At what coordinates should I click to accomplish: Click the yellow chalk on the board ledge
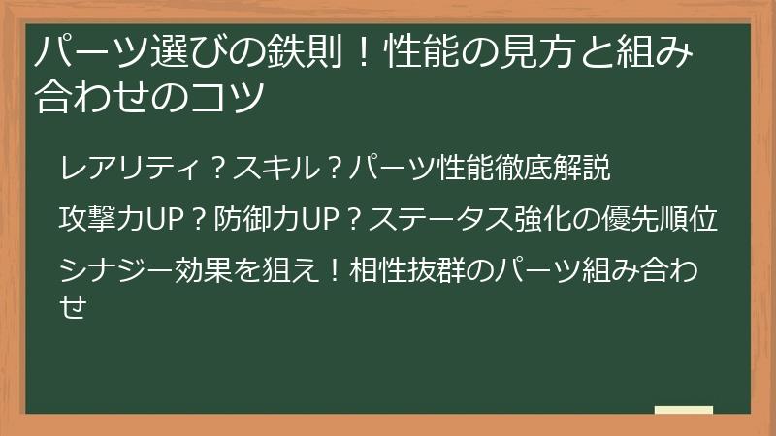tap(685, 411)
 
